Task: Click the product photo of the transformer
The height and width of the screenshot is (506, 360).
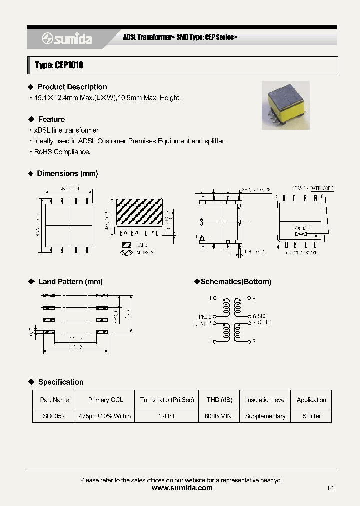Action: (286, 105)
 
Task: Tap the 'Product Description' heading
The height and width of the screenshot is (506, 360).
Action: (72, 87)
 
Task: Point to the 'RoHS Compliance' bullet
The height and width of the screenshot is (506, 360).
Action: (62, 152)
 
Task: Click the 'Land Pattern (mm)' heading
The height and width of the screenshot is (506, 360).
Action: (70, 282)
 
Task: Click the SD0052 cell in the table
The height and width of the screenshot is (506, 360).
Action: (54, 416)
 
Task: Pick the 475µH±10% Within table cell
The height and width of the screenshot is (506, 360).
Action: (105, 416)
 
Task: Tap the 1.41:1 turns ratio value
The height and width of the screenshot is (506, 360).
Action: (166, 416)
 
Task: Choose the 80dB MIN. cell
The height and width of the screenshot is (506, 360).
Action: (219, 416)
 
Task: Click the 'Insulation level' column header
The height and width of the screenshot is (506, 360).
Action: (266, 400)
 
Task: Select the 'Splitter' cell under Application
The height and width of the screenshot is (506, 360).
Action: (311, 416)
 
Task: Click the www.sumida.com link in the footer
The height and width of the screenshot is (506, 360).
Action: (182, 488)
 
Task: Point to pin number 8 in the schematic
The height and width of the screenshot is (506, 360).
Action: (254, 298)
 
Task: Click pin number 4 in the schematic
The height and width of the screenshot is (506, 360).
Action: (210, 342)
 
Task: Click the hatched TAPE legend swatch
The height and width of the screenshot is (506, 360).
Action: (127, 245)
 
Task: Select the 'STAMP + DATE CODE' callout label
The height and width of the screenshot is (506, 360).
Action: (313, 188)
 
